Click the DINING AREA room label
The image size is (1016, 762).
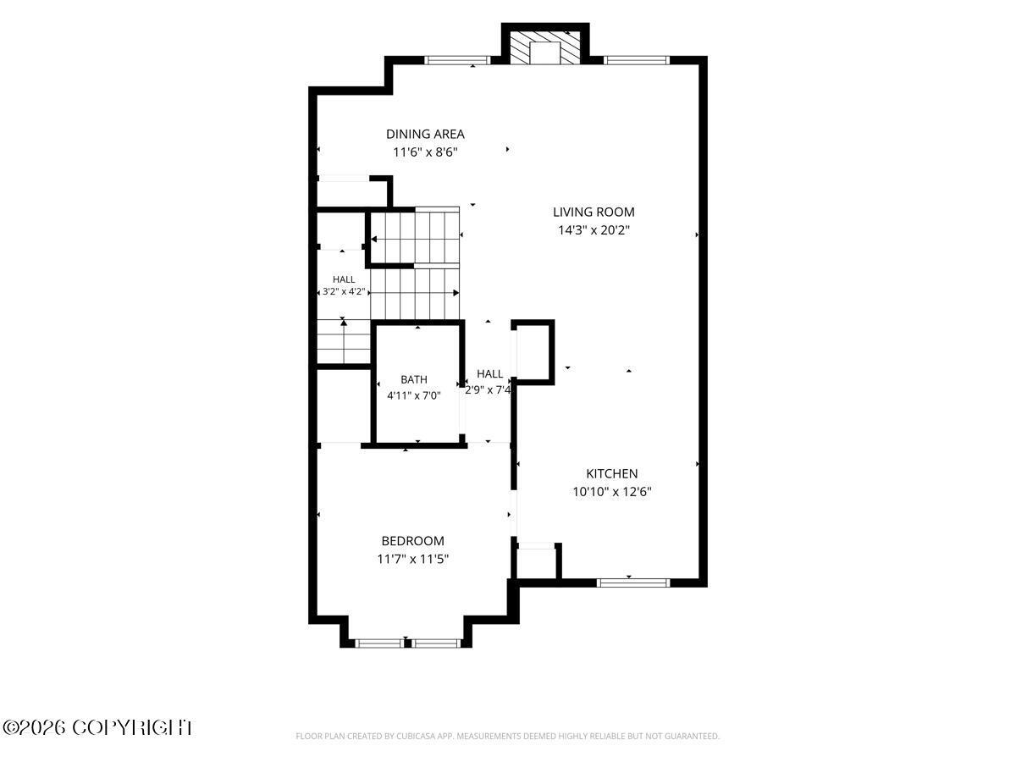425,134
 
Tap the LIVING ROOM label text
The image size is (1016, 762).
594,212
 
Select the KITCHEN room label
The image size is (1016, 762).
612,473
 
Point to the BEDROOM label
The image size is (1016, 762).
413,540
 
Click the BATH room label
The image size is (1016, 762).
414,379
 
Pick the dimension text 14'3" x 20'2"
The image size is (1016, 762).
594,230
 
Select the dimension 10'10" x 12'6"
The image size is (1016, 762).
612,491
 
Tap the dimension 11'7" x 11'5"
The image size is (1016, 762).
413,559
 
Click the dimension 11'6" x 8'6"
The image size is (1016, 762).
425,152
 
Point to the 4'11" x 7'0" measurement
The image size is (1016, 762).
414,395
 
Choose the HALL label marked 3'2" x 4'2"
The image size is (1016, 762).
344,279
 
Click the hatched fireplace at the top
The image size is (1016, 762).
544,47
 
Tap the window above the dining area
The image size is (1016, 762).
457,59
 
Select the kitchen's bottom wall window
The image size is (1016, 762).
632,583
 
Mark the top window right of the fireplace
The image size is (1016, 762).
637,59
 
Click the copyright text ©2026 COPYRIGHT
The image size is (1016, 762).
97,728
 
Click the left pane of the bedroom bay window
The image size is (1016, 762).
379,643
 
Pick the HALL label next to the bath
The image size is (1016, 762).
489,374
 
